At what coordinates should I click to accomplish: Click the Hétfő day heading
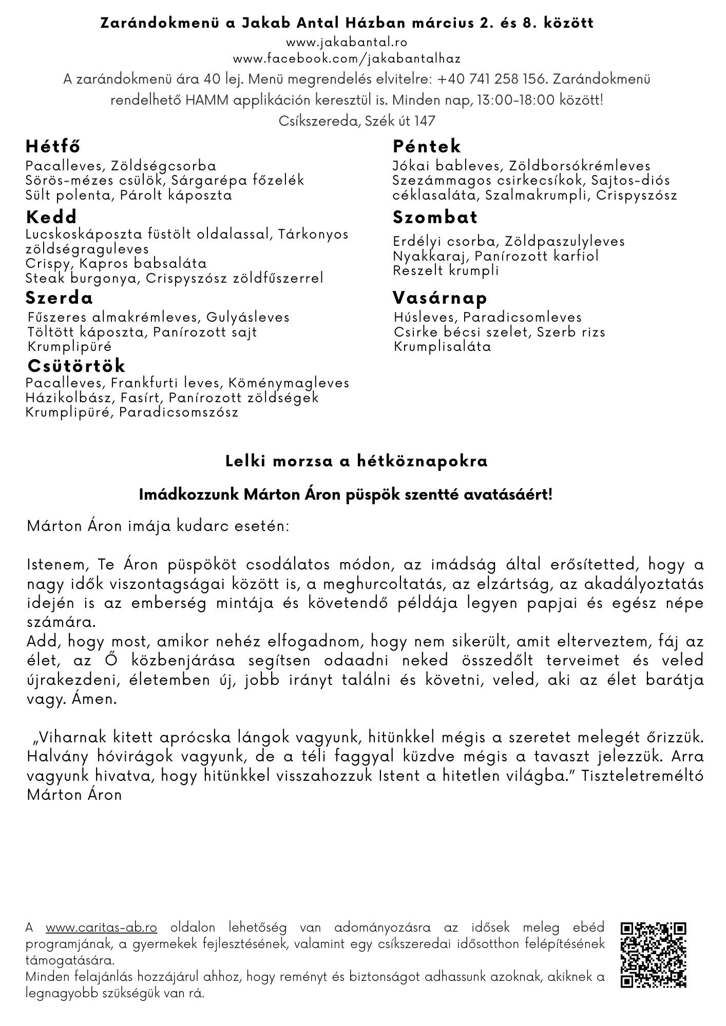click(x=53, y=147)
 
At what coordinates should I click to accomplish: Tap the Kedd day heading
click(x=51, y=216)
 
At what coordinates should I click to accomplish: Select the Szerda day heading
click(x=60, y=298)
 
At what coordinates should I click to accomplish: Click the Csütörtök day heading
click(x=77, y=366)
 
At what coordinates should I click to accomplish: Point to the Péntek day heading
click(x=427, y=147)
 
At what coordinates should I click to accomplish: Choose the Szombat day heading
click(x=435, y=217)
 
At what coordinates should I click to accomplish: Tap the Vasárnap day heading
click(x=440, y=298)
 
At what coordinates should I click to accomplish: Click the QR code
click(x=654, y=955)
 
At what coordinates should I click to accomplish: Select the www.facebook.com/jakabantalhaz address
click(x=347, y=59)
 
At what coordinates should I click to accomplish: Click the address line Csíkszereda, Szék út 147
click(x=357, y=121)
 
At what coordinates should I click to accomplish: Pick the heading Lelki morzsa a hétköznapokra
click(x=357, y=461)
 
